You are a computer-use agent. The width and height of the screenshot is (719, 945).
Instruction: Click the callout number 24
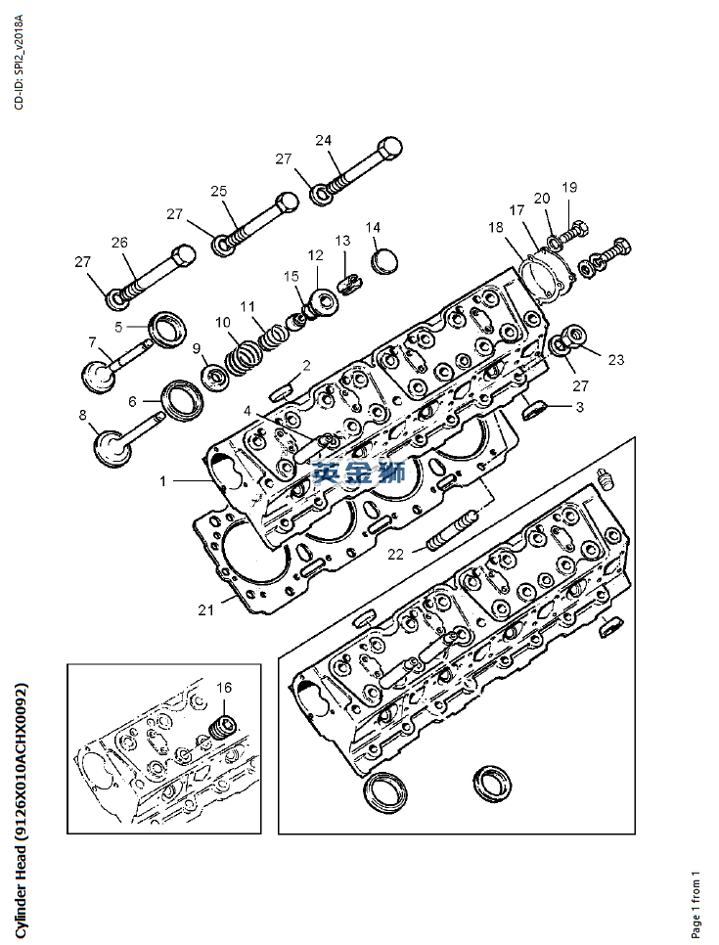324,140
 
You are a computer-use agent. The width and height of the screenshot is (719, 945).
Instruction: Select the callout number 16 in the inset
224,688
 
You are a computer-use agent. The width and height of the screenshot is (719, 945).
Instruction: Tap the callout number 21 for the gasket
205,610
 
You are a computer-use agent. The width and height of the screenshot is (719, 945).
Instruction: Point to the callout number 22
395,554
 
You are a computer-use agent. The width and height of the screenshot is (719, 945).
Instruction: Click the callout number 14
373,228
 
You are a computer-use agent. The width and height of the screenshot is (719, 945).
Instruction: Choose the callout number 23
615,360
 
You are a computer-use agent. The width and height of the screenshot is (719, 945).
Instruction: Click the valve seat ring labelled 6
183,399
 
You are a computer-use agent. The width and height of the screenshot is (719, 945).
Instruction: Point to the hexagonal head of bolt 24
388,151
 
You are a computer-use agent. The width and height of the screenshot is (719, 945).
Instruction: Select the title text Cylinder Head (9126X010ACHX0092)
21,807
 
